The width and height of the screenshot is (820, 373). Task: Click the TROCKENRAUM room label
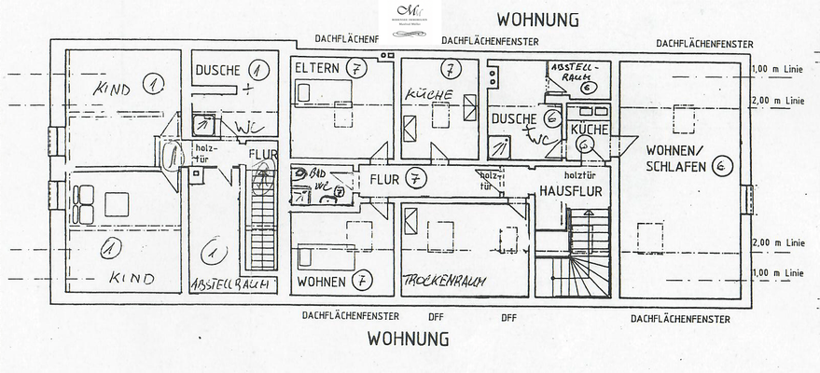tap(450, 280)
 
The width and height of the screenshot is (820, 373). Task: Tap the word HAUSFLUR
tap(568, 191)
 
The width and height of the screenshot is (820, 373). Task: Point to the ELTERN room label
tap(317, 69)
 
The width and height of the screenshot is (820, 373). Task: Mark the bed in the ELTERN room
tap(323, 94)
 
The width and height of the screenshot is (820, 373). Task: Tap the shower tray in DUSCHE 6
tap(500, 146)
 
